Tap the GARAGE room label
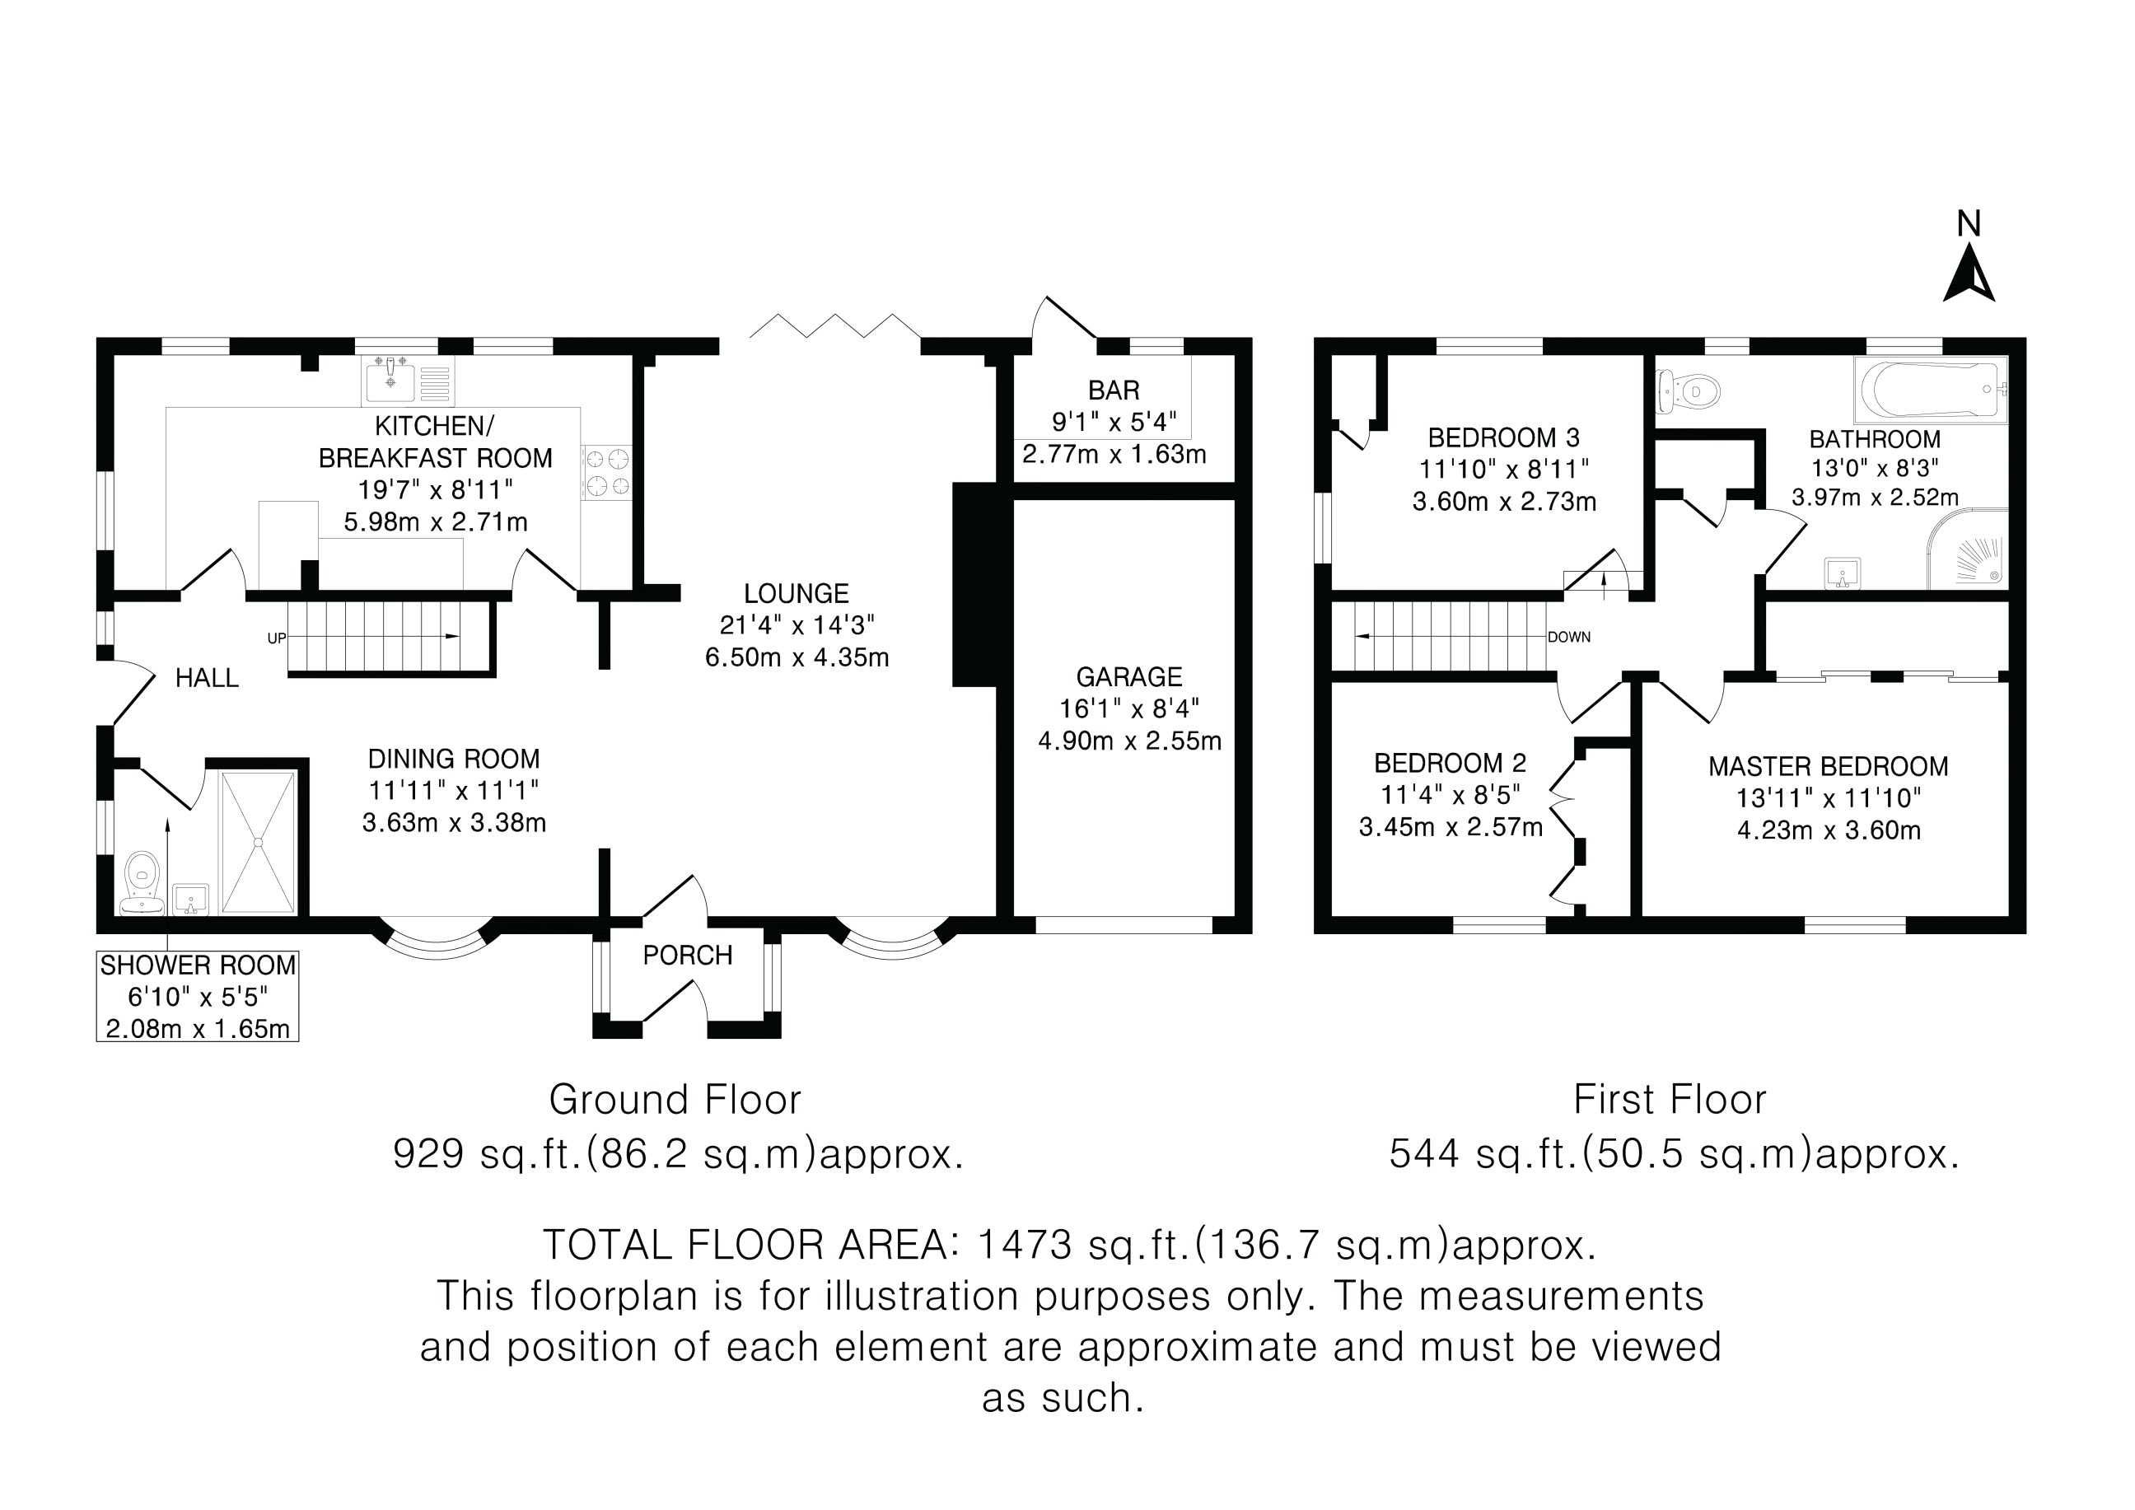(x=1129, y=677)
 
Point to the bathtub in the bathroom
(x=1931, y=390)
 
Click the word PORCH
(x=687, y=956)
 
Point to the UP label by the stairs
(x=276, y=638)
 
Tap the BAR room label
(x=1114, y=390)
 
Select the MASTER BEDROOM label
(x=1828, y=767)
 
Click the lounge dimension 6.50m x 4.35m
(x=797, y=658)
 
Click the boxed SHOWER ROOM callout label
(x=198, y=996)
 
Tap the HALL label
(x=208, y=679)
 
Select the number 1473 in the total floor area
(x=1024, y=1245)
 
